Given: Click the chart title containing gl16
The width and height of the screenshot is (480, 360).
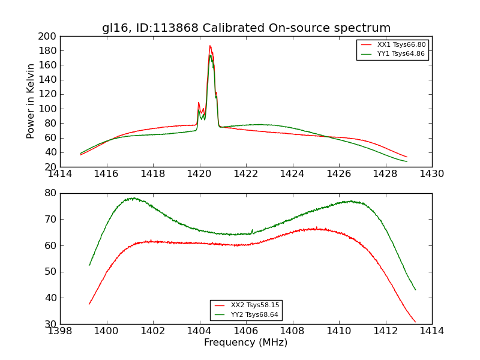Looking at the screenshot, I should click(246, 28).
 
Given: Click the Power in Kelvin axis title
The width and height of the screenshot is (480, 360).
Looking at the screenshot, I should click(31, 101).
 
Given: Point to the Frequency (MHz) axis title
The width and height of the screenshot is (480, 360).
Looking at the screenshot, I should click(246, 343).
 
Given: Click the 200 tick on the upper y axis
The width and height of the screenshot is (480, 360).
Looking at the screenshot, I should click(47, 36).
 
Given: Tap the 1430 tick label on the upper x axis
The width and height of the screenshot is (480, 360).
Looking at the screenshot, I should click(432, 174).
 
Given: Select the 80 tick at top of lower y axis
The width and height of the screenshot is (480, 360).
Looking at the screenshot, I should click(51, 193).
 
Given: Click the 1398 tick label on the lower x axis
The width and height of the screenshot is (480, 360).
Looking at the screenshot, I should click(60, 331).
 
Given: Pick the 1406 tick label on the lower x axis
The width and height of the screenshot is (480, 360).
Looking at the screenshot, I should click(246, 331).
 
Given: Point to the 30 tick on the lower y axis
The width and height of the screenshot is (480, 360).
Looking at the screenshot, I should click(51, 324).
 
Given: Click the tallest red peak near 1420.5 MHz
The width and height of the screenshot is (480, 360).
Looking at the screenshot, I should click(210, 46).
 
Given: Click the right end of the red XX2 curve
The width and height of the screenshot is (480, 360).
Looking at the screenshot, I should click(415, 322).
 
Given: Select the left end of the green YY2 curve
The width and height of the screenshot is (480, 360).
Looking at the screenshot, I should click(89, 265).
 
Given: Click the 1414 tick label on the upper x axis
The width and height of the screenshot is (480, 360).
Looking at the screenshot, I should click(60, 174).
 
